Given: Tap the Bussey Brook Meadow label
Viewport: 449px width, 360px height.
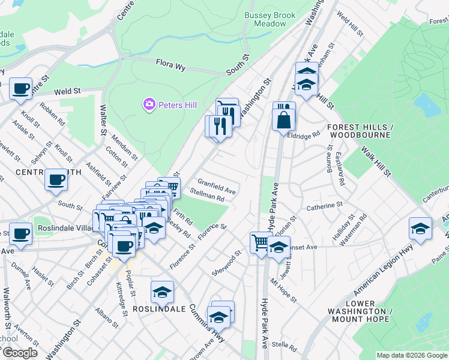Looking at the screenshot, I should click(x=265, y=19).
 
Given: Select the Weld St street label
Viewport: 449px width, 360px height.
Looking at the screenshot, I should click(x=67, y=92).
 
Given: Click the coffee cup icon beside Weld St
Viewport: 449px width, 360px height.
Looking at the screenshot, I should click(x=20, y=89).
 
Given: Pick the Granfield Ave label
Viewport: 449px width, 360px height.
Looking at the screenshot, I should click(x=217, y=186).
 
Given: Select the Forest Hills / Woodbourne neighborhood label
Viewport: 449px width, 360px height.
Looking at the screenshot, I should click(x=360, y=131).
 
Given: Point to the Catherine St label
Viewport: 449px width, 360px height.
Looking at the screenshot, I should click(x=324, y=205).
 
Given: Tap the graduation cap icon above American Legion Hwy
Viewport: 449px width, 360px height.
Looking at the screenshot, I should click(x=420, y=229).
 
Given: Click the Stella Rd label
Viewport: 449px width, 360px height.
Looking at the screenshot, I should click(x=285, y=346).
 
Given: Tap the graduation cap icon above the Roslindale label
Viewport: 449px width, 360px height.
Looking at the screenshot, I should click(x=162, y=292).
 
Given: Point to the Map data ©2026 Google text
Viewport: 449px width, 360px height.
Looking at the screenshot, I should click(x=411, y=355).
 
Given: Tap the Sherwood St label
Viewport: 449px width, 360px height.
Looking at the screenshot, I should click(x=226, y=264).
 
